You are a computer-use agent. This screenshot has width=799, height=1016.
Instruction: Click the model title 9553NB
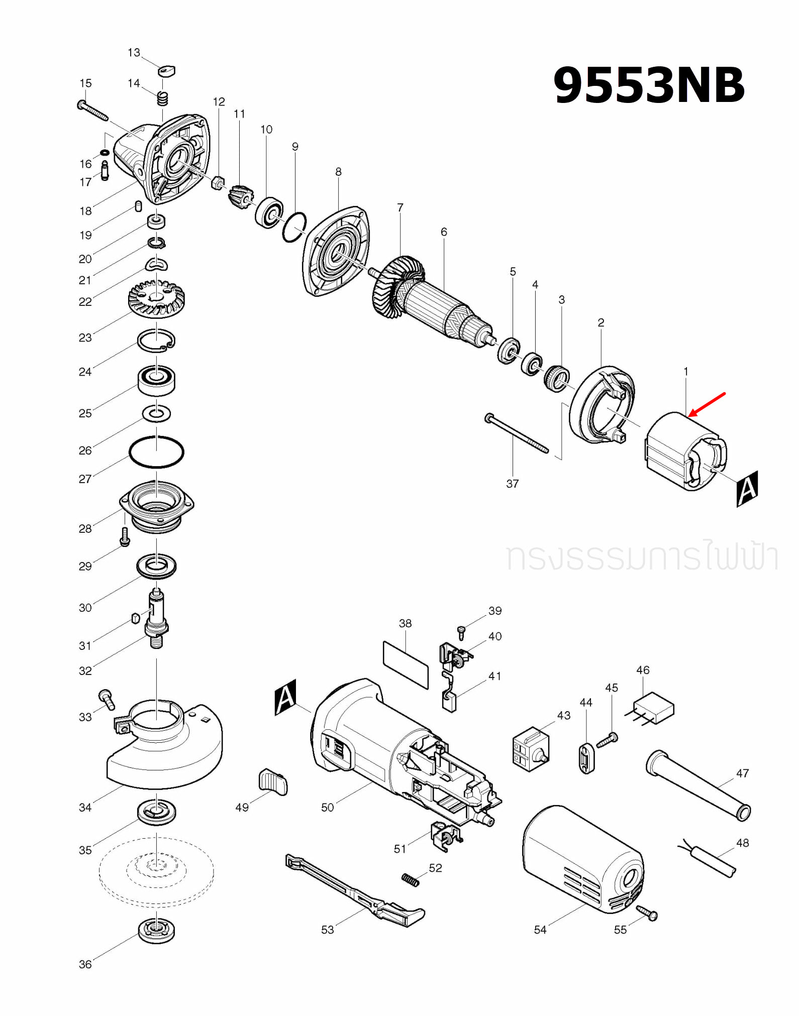(648, 85)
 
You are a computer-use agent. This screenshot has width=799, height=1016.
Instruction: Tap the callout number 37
(512, 484)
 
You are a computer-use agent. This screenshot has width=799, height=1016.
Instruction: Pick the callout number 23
(85, 337)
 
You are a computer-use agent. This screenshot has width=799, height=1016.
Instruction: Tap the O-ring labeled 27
(156, 452)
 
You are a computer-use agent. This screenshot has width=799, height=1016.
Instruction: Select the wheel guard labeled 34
(166, 748)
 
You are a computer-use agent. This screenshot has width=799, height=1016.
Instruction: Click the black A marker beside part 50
(285, 697)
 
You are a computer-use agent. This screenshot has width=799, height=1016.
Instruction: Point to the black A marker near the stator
(747, 488)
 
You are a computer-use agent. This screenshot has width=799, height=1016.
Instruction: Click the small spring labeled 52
(410, 880)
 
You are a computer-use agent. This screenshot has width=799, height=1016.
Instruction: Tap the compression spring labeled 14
(162, 98)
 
